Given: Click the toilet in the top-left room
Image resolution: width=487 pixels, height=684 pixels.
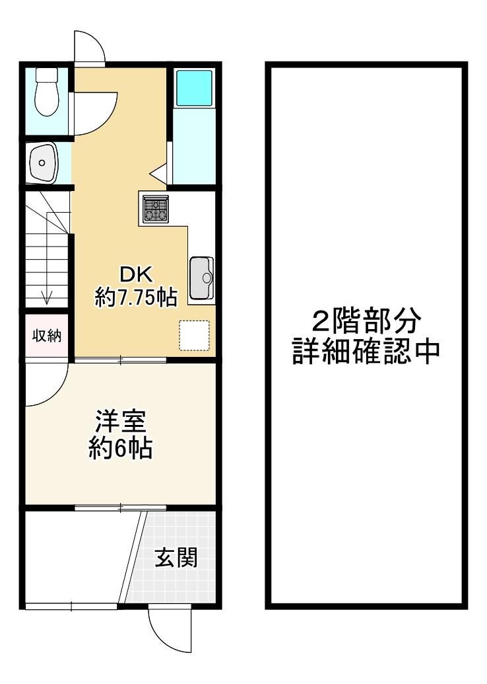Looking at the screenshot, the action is [x=47, y=92].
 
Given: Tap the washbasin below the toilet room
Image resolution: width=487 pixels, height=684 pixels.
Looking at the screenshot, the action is [x=42, y=163].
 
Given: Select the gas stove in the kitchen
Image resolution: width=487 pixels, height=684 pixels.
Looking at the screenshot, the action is [x=156, y=209].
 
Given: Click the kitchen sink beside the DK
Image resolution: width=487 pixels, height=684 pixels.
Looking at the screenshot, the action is [x=202, y=278].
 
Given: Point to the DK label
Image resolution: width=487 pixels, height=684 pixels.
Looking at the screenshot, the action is [x=137, y=275].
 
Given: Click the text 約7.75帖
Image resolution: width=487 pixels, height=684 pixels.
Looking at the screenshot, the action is [x=136, y=298].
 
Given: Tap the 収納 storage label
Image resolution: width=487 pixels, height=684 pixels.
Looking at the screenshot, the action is [x=47, y=336].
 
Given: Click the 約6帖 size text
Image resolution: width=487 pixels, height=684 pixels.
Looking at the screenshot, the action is [x=121, y=448].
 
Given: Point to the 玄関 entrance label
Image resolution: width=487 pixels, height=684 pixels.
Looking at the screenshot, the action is [x=176, y=558].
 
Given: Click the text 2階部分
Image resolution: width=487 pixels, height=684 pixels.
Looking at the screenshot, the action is [x=366, y=321].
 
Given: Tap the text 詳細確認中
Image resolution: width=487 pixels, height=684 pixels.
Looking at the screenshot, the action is [x=366, y=351].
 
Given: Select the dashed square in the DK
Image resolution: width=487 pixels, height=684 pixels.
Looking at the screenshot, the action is [x=195, y=336].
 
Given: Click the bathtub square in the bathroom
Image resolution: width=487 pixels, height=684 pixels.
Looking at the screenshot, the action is [x=194, y=88].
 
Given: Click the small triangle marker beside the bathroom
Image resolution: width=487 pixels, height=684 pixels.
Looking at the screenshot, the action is [x=158, y=172].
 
